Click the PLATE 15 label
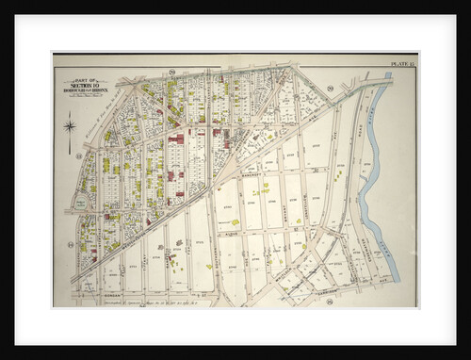click(x=402, y=63)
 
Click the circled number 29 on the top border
click(x=173, y=71)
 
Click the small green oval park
click(x=82, y=202)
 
